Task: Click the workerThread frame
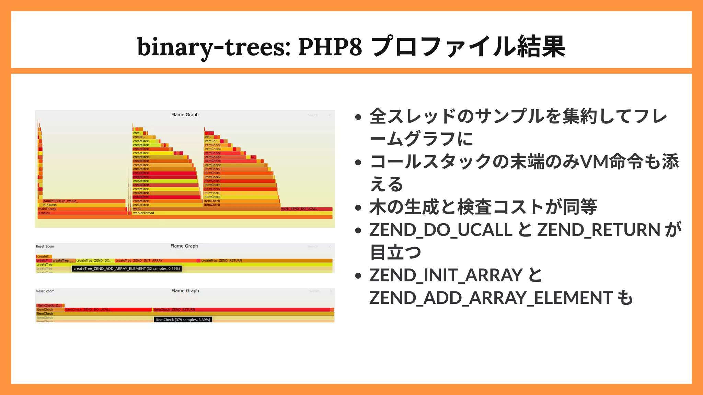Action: [230, 213]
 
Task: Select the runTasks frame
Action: [82, 205]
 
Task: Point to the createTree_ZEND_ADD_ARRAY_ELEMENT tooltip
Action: [126, 268]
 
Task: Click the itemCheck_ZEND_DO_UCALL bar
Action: [108, 310]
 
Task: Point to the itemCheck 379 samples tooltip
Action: [183, 320]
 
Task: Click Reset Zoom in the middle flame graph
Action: [45, 247]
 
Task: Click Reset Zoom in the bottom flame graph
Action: [45, 291]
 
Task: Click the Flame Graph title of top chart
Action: [185, 115]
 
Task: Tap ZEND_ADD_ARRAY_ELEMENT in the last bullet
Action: [491, 298]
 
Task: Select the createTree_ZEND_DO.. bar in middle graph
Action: [94, 261]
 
